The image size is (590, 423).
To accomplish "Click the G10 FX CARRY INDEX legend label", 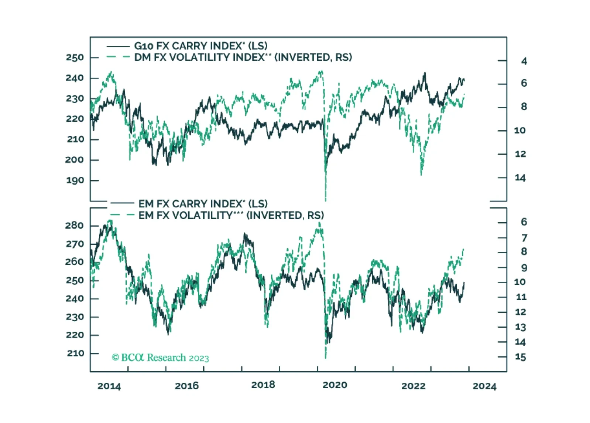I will (x=200, y=46).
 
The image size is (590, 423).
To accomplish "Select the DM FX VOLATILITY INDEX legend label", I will (x=243, y=57).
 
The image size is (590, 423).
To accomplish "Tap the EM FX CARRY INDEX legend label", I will (x=203, y=204).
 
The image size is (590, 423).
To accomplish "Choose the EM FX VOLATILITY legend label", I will (x=231, y=215).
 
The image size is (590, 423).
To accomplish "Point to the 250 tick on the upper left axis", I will (x=75, y=58).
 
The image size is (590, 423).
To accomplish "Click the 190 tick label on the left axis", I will (x=75, y=180).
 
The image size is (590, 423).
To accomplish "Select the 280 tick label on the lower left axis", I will (x=75, y=226).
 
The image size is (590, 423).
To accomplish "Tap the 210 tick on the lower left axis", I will (x=76, y=353).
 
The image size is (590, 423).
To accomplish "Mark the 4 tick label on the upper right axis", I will (x=524, y=61).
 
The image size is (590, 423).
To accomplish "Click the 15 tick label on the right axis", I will (x=520, y=357).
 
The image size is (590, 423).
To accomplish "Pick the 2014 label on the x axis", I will (x=109, y=386).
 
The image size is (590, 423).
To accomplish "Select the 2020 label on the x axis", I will (x=335, y=385).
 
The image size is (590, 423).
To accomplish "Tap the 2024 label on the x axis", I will (x=484, y=386).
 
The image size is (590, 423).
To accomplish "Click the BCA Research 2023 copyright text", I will (x=160, y=358).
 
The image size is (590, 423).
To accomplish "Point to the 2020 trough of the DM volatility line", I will (x=325, y=200).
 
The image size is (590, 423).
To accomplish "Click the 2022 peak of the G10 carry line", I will (x=425, y=73).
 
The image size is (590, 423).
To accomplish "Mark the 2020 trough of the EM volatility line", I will (x=325, y=357).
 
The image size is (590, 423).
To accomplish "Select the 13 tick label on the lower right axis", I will (x=520, y=327).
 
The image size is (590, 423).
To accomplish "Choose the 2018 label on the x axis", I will (x=263, y=385).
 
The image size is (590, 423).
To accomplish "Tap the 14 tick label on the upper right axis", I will (x=520, y=178).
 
